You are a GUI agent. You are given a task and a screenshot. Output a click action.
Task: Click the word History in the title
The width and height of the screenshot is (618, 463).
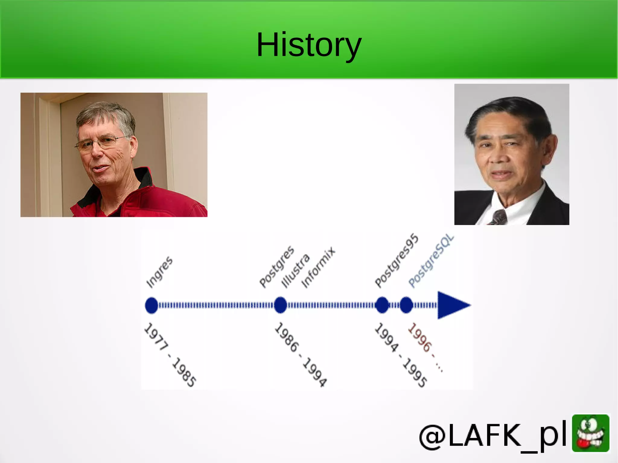point(308,45)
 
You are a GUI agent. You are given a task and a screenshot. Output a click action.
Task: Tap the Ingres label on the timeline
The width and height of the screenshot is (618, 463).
point(159,272)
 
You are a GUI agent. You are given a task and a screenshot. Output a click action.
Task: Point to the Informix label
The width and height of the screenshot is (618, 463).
point(318,268)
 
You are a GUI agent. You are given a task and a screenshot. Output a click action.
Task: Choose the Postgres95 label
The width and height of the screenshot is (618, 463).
point(397,261)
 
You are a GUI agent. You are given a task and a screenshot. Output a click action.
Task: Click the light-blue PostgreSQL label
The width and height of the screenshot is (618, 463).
point(431,261)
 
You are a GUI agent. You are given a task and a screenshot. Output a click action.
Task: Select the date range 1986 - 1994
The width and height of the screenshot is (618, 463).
point(301,355)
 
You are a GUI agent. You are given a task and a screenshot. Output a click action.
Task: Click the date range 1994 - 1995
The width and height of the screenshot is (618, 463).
point(400,355)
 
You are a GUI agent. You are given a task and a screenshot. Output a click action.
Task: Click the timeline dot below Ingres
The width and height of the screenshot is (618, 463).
point(151,305)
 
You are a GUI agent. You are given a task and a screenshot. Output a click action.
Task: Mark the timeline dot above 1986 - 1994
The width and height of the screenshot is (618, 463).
point(280,305)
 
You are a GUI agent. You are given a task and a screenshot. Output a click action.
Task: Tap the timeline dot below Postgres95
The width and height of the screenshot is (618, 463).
point(382,305)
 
